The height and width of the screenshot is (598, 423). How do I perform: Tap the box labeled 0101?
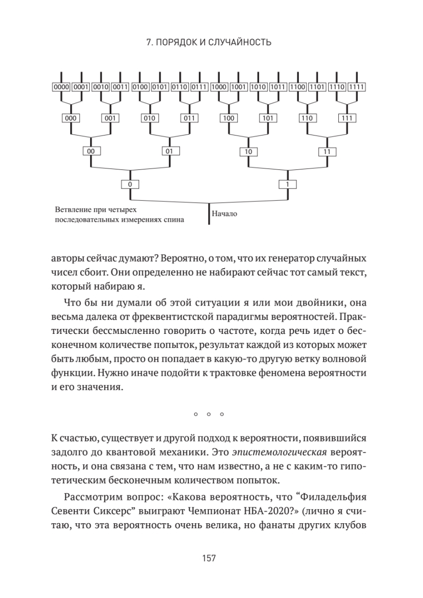click(159, 87)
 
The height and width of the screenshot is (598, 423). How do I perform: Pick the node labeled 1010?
click(258, 87)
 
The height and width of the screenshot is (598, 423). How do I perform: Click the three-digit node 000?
click(71, 119)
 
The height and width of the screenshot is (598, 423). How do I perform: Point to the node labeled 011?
click(189, 119)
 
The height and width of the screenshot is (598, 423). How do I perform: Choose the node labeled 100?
click(229, 119)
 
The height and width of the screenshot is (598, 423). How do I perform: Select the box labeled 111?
click(347, 119)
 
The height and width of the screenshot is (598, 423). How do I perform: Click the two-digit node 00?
click(90, 151)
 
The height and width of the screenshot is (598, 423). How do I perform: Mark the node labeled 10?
click(248, 151)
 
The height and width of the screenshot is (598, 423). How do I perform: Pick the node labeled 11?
click(327, 151)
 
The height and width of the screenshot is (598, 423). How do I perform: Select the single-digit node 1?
click(287, 184)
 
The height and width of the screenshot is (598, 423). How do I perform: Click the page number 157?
click(209, 558)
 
